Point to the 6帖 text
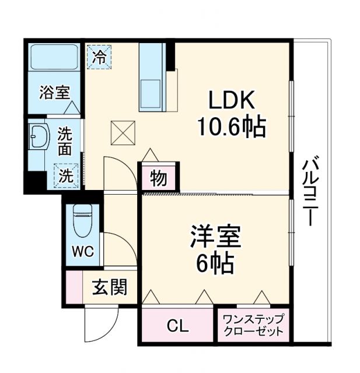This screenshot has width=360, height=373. [215, 263]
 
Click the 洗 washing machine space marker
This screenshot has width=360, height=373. [66, 175]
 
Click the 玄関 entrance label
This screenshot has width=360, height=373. [110, 287]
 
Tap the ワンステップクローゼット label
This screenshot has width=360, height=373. [253, 325]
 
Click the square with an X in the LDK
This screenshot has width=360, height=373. [123, 133]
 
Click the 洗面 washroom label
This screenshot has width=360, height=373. [65, 141]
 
